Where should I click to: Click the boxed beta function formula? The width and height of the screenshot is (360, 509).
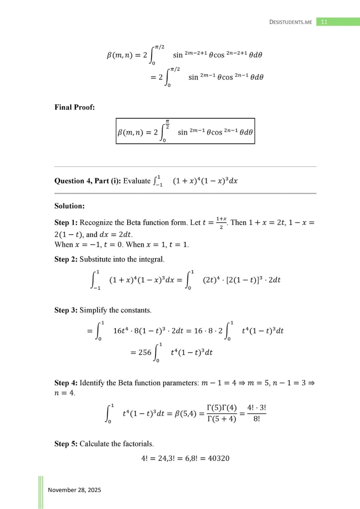click(185, 131)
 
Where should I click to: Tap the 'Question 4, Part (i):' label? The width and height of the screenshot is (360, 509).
click(88, 181)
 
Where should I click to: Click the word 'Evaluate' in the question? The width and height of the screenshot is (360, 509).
click(137, 181)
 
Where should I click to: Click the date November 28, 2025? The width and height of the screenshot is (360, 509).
click(75, 490)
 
